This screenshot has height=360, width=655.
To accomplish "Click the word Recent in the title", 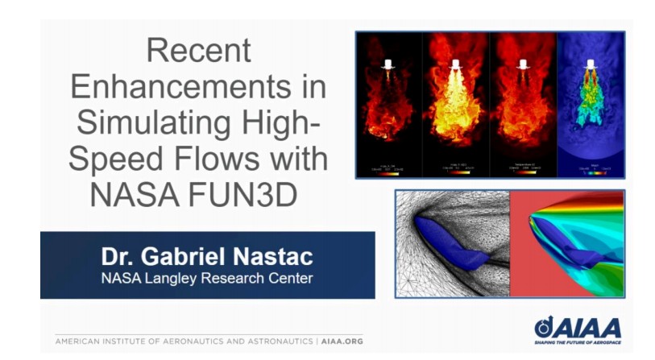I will click(x=198, y=51).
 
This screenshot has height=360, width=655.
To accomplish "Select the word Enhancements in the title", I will click(x=197, y=86).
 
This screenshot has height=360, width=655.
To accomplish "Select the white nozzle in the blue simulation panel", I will click(x=591, y=63).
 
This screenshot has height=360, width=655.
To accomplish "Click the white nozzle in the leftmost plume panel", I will click(x=388, y=63).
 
